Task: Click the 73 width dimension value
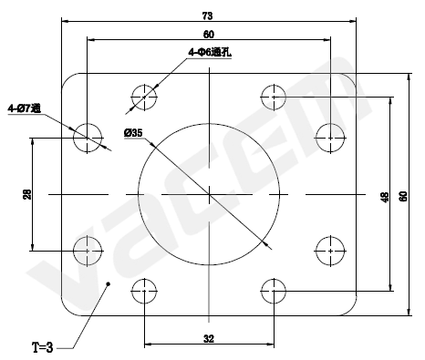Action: point(207,15)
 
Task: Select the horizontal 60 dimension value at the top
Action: point(209,35)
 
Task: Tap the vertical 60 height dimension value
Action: point(403,196)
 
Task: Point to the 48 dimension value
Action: point(385,197)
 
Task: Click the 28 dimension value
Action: point(27,194)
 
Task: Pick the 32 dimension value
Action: point(209,339)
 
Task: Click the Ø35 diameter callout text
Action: point(133,133)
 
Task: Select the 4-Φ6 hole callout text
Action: point(210,52)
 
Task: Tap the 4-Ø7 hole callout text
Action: point(25,108)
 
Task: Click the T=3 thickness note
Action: point(43,347)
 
